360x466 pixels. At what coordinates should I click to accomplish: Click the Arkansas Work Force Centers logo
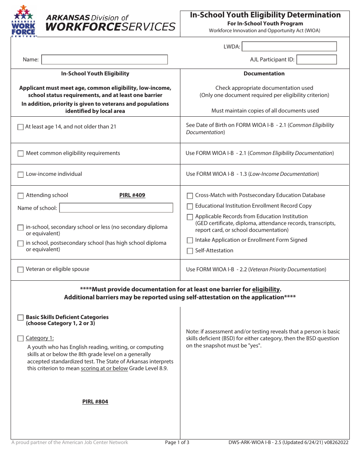(x=23, y=21)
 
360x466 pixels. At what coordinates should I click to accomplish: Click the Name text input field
(x=104, y=59)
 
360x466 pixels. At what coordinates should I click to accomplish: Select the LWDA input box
(x=289, y=47)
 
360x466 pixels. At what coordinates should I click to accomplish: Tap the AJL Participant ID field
(x=316, y=59)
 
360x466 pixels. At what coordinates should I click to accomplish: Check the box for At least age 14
(x=20, y=127)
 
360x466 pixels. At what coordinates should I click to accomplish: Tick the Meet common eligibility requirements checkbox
(x=20, y=153)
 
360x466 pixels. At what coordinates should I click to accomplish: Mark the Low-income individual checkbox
(x=20, y=175)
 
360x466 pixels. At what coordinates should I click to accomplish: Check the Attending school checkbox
(x=20, y=196)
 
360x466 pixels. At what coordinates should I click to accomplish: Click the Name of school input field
(x=116, y=208)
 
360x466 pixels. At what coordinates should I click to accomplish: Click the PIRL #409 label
(x=132, y=195)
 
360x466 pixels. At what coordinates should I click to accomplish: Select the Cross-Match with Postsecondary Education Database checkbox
(x=190, y=196)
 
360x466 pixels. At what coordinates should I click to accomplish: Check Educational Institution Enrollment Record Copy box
(x=190, y=206)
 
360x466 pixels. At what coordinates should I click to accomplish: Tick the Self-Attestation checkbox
(x=190, y=251)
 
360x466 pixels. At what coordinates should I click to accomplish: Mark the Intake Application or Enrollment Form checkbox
(x=190, y=240)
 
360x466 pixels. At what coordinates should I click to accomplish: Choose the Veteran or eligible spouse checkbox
(x=20, y=270)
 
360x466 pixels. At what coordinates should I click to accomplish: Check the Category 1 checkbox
(x=20, y=338)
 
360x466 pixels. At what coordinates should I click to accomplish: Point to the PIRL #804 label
(x=95, y=402)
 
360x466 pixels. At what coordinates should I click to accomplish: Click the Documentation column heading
(x=264, y=74)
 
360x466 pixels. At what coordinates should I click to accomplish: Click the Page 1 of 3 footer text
(x=177, y=443)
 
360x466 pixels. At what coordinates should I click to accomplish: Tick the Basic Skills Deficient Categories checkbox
(x=20, y=317)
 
